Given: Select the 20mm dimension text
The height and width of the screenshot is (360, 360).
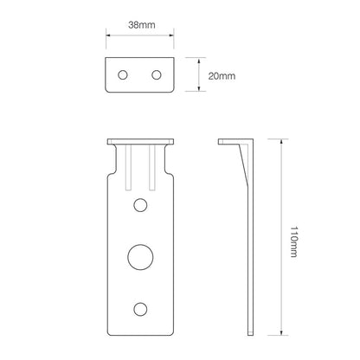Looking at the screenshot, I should [x=222, y=76].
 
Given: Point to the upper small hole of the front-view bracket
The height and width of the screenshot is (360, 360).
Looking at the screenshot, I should [x=140, y=204].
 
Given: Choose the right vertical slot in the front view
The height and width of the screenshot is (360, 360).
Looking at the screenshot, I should [x=153, y=168].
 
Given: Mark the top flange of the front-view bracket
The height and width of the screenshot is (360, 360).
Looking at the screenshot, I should [x=140, y=141].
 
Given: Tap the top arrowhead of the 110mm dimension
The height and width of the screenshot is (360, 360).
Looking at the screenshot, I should [x=281, y=141].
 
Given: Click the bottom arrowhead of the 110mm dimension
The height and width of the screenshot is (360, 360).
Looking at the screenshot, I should [x=281, y=332].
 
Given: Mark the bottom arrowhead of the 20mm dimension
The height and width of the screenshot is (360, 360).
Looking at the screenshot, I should [x=199, y=90].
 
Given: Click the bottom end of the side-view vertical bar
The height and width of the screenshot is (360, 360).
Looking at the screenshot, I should [x=253, y=331].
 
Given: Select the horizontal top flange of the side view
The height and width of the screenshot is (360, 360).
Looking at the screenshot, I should [x=236, y=141].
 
